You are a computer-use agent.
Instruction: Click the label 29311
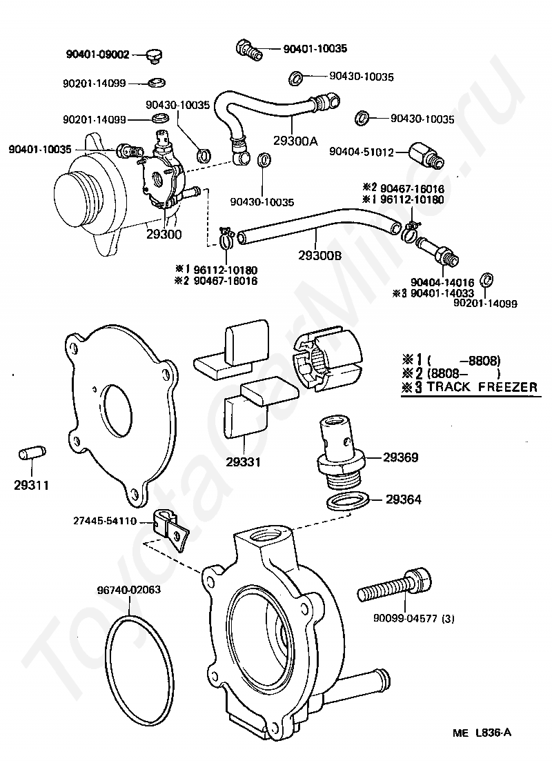pyautogui.click(x=32, y=484)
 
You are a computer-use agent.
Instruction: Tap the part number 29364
pyautogui.click(x=402, y=498)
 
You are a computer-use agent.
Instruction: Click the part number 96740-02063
pyautogui.click(x=128, y=590)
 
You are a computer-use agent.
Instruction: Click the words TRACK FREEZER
pyautogui.click(x=482, y=387)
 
